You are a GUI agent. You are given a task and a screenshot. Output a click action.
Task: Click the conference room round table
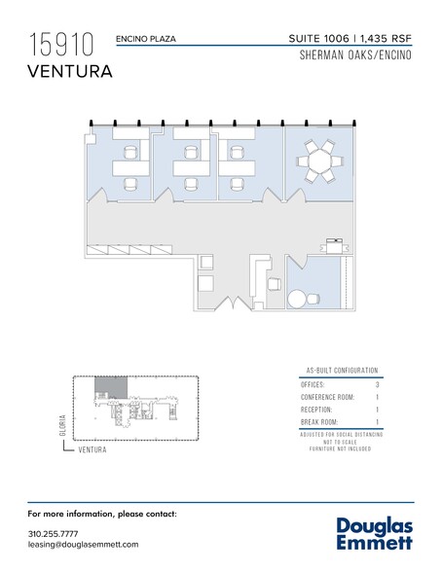[x=319, y=161]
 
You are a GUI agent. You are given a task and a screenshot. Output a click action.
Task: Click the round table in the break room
[x=297, y=300]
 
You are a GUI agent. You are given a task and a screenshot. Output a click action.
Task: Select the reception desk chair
[x=275, y=284]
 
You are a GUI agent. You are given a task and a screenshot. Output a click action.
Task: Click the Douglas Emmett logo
[x=375, y=533]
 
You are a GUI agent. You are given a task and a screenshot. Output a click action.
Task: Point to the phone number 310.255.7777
[x=53, y=534]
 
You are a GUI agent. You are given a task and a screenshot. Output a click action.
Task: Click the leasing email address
[x=83, y=545]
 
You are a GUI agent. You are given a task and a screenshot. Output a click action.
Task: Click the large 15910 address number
[x=61, y=45]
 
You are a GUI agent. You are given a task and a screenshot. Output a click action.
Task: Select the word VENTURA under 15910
[x=70, y=71]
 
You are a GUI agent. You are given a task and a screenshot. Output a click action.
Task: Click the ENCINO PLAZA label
[x=146, y=39]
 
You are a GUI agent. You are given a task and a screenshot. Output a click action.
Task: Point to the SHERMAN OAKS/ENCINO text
[x=355, y=55]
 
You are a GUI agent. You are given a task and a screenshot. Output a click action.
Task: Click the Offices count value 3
[x=377, y=384]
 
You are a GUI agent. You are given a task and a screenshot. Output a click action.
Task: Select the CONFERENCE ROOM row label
[x=327, y=397]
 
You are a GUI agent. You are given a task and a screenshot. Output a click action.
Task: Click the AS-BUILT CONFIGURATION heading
[x=342, y=371]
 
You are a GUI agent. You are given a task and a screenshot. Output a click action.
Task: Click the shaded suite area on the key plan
[x=111, y=387]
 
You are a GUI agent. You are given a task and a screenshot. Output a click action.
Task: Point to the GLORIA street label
[x=62, y=425]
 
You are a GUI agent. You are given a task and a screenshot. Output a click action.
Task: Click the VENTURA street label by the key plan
[x=92, y=449]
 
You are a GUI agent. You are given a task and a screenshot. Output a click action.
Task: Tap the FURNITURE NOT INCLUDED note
[x=340, y=448]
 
